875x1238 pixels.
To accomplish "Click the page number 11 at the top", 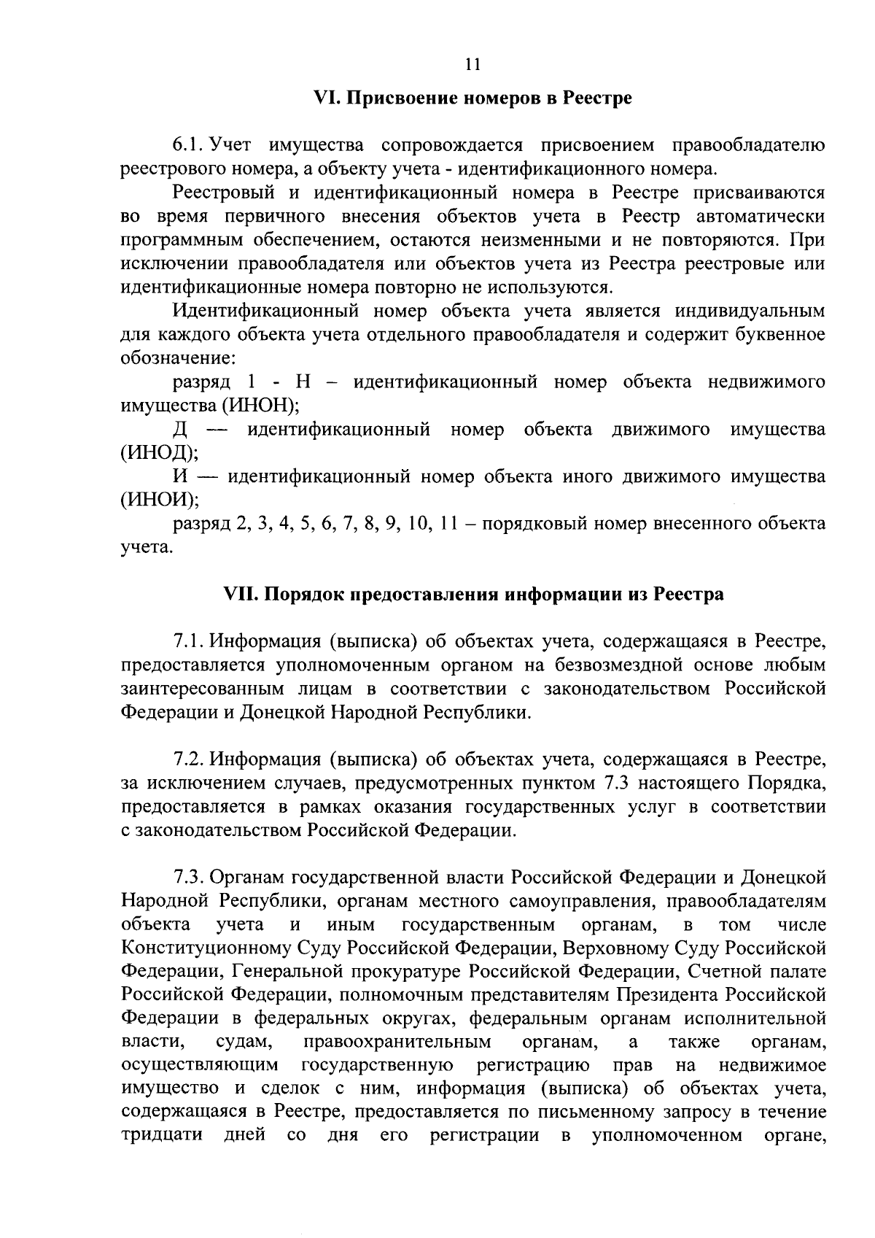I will click(472, 64).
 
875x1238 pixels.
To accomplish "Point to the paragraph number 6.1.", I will click(186, 146).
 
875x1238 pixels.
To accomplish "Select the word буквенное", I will click(777, 335).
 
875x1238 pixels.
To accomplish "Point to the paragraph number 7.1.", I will click(187, 642).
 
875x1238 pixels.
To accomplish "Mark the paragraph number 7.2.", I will click(187, 760).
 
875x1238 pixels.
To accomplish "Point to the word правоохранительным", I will click(397, 1042).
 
